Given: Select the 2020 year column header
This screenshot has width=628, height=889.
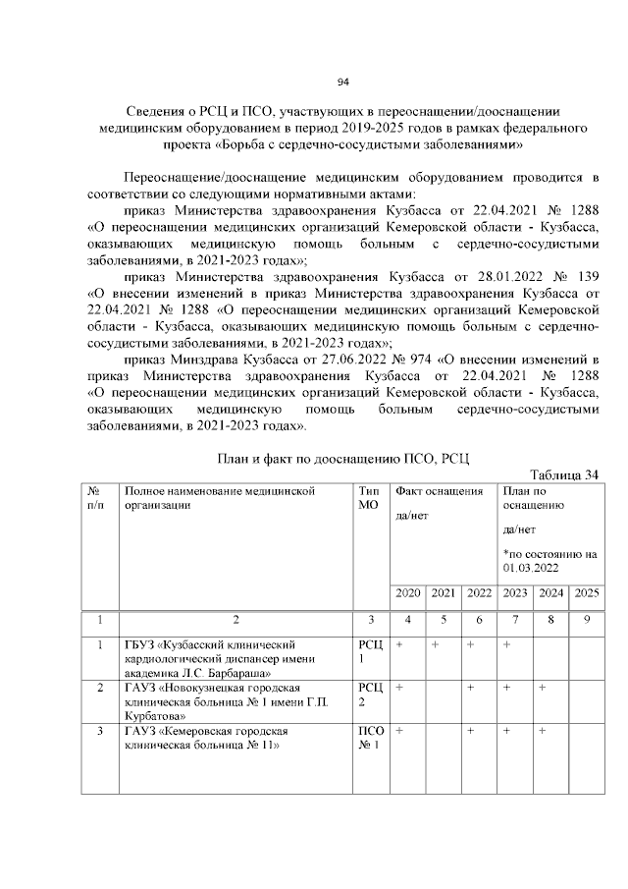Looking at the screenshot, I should tap(407, 592).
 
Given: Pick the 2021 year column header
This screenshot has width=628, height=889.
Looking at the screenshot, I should tap(444, 592).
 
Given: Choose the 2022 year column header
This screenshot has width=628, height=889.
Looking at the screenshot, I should tap(479, 592).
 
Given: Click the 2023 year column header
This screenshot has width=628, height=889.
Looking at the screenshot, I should tap(515, 592).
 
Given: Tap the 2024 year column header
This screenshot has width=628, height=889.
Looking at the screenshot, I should tap(550, 592).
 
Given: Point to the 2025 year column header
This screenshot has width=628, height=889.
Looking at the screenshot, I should tap(586, 592).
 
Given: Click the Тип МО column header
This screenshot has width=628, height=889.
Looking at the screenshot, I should tap(369, 498).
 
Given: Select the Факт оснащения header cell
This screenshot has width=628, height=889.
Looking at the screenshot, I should tap(439, 490).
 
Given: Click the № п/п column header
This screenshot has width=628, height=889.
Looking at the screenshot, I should tap(97, 498).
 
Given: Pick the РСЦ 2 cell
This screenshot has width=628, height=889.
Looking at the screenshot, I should tap(369, 695).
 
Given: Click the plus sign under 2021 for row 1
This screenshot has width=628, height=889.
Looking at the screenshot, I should tap(435, 643).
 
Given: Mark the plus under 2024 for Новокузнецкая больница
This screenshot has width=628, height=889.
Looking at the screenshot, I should tap(542, 688).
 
